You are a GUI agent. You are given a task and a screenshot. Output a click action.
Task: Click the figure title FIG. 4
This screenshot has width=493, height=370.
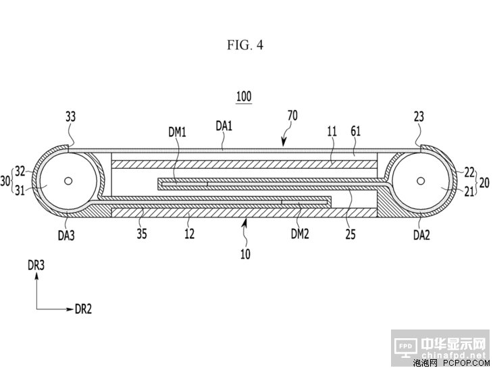246,45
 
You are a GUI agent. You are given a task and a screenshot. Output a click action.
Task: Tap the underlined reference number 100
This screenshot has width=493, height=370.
243,97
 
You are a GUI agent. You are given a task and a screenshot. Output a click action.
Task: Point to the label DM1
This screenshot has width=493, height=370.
177,132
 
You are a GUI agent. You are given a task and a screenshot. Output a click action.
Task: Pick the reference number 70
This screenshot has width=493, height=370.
292,116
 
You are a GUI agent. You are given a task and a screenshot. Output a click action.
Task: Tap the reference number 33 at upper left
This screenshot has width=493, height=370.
71,117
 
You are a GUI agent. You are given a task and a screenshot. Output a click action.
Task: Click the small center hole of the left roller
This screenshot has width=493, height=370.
68,180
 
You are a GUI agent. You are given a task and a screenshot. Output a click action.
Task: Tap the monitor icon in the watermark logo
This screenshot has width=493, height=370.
405,346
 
